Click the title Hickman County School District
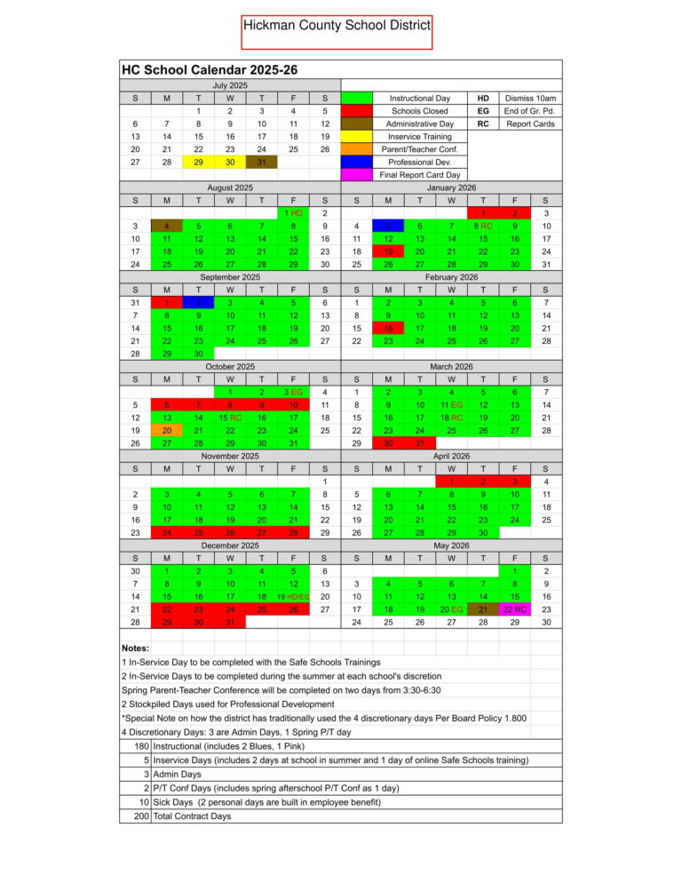click(337, 27)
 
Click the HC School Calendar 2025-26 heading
click(210, 69)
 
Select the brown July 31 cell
click(261, 162)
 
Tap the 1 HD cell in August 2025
click(293, 213)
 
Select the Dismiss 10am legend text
click(530, 98)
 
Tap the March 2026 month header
click(451, 366)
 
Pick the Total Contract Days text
click(192, 815)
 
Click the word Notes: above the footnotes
click(134, 648)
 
